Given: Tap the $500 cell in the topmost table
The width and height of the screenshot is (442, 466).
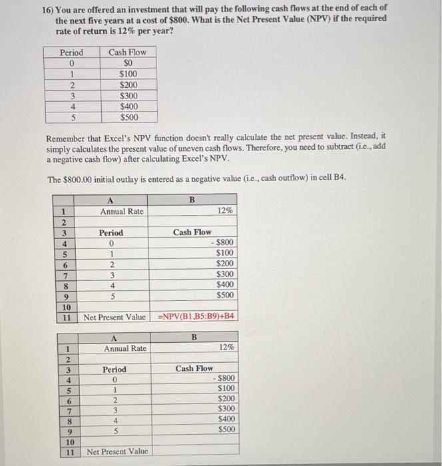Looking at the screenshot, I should [130, 116].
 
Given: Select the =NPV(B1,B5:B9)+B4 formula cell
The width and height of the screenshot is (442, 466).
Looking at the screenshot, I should [196, 316].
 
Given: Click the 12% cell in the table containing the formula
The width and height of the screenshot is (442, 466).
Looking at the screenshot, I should [224, 210].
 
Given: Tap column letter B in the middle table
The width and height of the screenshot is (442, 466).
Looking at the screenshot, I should [192, 198].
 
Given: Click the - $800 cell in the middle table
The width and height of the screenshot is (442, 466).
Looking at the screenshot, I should [220, 243].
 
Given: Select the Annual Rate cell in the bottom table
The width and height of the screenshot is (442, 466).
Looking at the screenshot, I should [124, 348].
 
